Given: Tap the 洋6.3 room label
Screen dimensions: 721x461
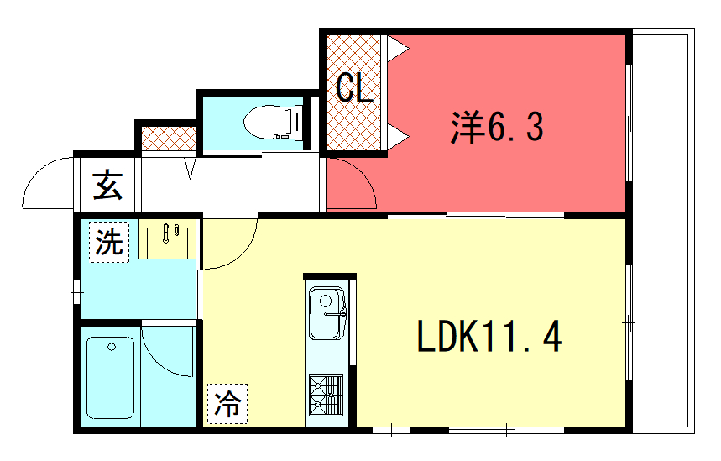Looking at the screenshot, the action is point(497,128).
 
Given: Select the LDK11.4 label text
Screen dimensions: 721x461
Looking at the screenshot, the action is point(489,337).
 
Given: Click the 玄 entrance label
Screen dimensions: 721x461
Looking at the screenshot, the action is point(107,185).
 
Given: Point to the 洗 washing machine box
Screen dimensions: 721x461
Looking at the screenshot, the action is point(109,243).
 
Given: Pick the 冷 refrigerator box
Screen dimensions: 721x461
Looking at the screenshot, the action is point(227,404).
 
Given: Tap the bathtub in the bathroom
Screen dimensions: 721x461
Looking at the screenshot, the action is point(110,378).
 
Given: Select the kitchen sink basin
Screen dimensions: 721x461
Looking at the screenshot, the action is point(327,313).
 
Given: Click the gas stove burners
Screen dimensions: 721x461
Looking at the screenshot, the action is point(326,396).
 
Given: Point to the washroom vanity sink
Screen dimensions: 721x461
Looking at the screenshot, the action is point(167,243).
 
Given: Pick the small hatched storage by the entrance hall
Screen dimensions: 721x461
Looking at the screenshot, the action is point(169,138).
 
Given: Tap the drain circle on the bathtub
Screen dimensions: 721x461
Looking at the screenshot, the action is point(112,347).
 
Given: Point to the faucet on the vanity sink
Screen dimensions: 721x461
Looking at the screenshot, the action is point(167,233).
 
